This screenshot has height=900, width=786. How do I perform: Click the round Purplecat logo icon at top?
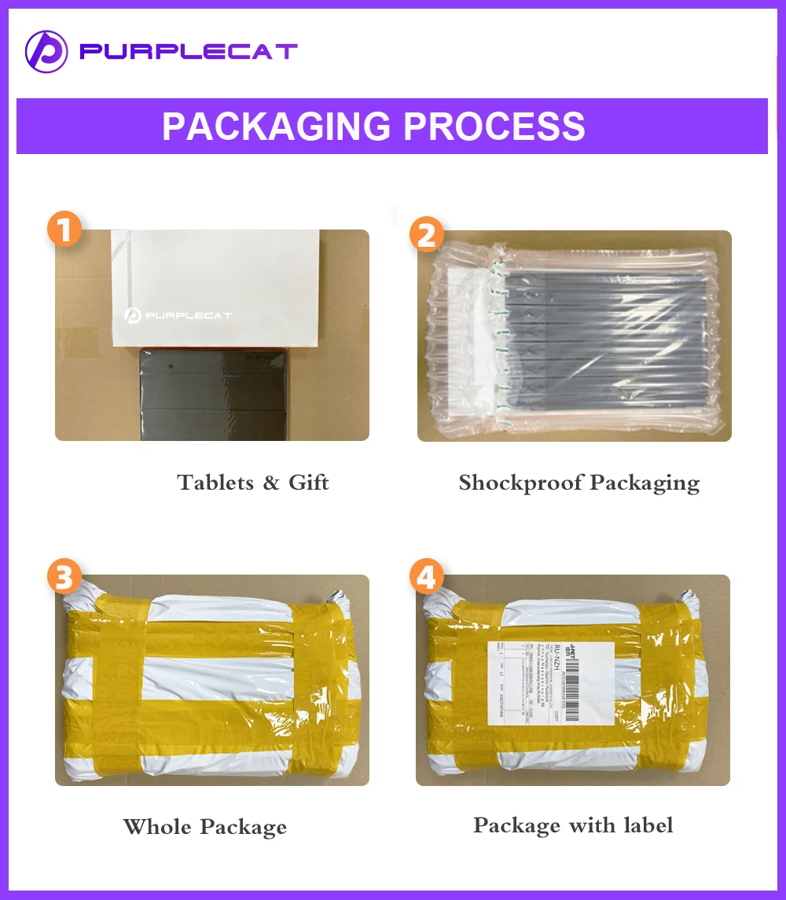click(46, 52)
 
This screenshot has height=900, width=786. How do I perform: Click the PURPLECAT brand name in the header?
click(189, 52)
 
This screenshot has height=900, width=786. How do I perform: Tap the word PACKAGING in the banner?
click(275, 126)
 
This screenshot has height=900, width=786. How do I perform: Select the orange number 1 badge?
click(64, 230)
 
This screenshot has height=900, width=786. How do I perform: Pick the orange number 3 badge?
click(64, 579)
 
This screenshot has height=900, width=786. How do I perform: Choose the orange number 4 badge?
click(425, 579)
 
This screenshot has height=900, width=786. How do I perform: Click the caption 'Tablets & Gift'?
click(252, 482)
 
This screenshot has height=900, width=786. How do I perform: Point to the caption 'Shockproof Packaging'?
click(578, 482)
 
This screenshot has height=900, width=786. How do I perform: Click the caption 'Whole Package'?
click(204, 827)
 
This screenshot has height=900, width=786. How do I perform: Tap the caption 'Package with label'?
click(573, 825)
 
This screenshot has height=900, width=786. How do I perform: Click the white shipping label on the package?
click(550, 681)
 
